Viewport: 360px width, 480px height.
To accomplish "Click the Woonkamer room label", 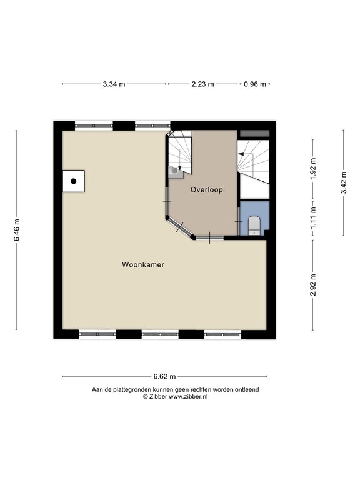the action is [143, 265].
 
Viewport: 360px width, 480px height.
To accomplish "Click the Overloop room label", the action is [207, 190].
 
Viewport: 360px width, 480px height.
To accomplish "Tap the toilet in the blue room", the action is [254, 225].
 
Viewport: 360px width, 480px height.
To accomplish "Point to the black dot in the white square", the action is [74, 181].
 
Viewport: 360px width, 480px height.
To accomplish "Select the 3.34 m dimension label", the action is [114, 84].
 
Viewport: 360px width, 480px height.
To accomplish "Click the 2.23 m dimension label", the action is [202, 84].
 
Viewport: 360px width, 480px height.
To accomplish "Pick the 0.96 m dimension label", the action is [255, 84].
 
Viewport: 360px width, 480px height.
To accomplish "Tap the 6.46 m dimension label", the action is [17, 230].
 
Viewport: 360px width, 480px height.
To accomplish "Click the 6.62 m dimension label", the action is [165, 376].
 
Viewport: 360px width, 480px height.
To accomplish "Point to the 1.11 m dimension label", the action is [313, 217].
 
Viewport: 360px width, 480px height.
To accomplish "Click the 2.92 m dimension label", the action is [313, 285].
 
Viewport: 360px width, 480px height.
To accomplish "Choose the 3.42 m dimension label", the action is [344, 182].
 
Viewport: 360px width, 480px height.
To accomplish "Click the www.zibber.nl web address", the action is [188, 396].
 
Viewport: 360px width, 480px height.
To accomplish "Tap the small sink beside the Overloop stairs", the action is [176, 171].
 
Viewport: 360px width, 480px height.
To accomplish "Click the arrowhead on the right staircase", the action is [241, 154].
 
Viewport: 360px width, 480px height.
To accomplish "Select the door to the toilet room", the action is [239, 221].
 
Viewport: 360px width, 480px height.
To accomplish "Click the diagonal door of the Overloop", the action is [180, 227].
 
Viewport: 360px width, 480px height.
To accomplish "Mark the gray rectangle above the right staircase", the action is [254, 134].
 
